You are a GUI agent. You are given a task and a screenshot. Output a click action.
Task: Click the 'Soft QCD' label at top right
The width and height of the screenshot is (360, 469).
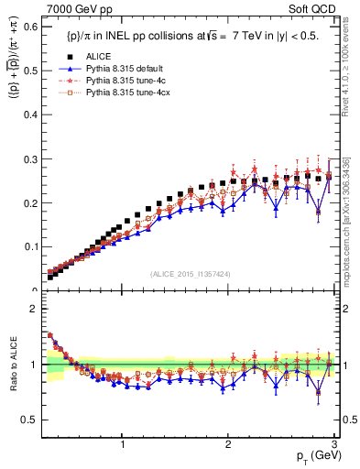click(x=313, y=10)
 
